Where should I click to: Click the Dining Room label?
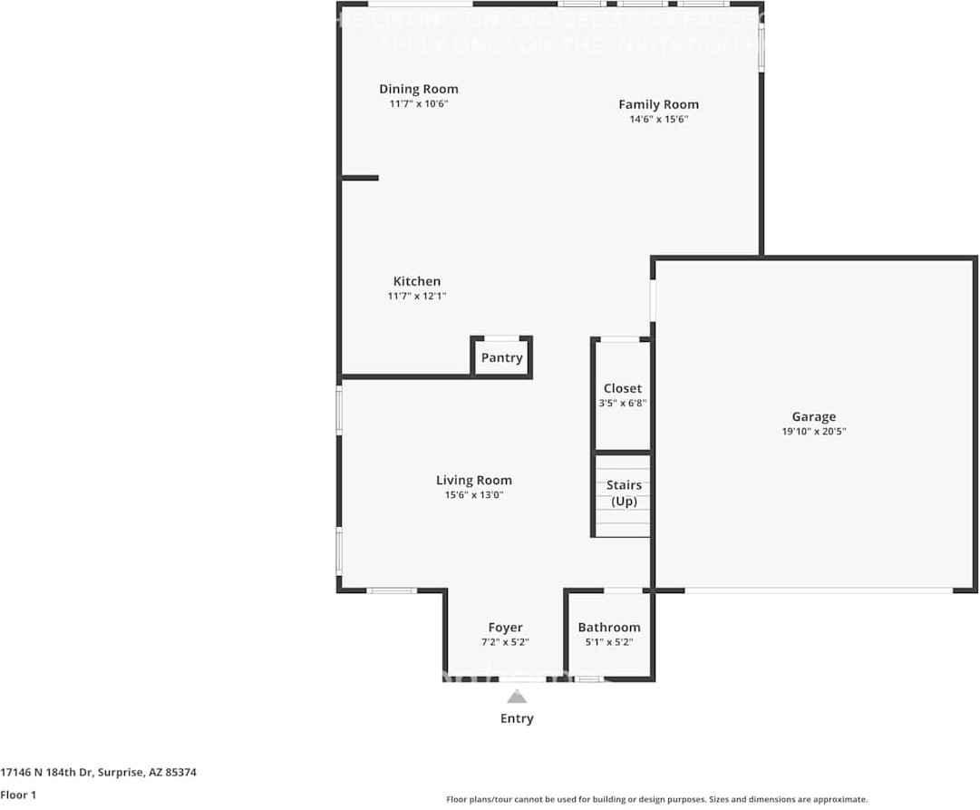(x=418, y=89)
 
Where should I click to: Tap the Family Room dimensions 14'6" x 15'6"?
(x=658, y=120)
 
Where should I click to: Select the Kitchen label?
(x=416, y=281)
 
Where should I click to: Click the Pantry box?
(x=501, y=357)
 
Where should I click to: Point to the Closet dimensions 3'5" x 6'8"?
(x=622, y=404)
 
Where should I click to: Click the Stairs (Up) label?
(x=624, y=493)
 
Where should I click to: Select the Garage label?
(x=813, y=416)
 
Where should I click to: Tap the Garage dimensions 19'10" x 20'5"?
(x=813, y=432)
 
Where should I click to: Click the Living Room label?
(x=473, y=480)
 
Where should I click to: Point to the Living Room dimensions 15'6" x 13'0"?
(x=473, y=495)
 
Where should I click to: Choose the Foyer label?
(x=505, y=627)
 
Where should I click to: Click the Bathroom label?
(x=608, y=627)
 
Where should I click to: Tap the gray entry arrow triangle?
(x=517, y=698)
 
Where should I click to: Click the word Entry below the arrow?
(x=517, y=718)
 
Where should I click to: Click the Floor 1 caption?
(x=19, y=795)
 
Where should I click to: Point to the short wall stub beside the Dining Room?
(x=360, y=178)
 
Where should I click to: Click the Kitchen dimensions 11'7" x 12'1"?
(x=416, y=297)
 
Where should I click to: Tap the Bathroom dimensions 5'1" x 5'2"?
(x=608, y=642)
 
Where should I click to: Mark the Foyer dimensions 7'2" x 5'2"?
(x=505, y=642)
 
